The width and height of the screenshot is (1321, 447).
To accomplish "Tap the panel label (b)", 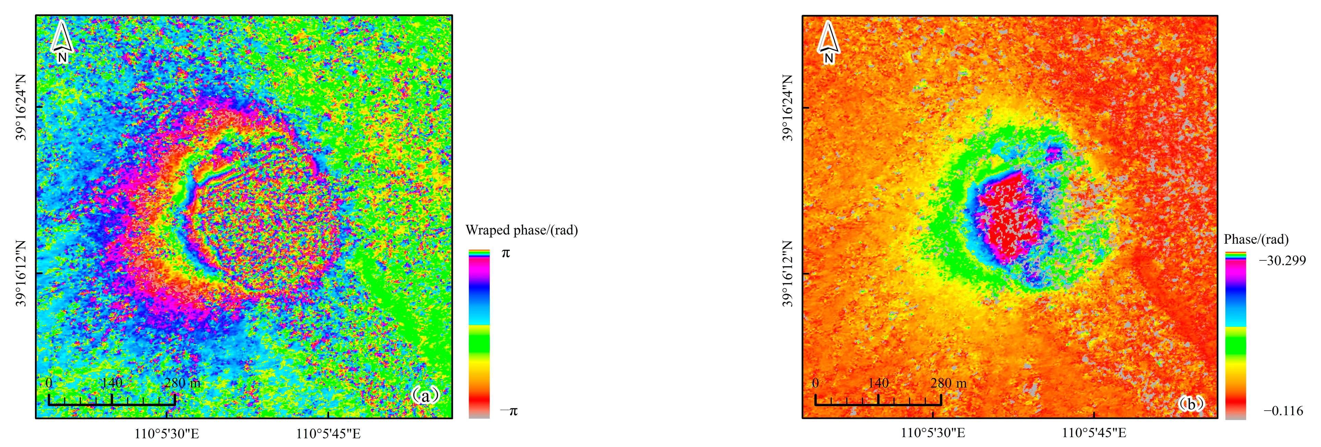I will coord(1191,404).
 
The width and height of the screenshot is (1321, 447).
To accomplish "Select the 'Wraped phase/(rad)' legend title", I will coord(522,230).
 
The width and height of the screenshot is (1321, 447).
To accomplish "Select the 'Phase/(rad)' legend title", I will coord(1256,239).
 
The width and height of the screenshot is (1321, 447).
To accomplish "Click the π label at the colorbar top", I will coord(506,253).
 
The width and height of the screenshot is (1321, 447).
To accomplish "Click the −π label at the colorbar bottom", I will coord(509,411).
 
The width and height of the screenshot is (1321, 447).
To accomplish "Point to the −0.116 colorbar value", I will coord(1283,411).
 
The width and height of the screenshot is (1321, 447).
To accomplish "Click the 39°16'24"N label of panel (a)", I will coord(21,107).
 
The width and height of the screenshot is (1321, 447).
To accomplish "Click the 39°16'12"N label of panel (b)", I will coord(788,273).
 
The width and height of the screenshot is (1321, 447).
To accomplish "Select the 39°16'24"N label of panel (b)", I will coord(788,107).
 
